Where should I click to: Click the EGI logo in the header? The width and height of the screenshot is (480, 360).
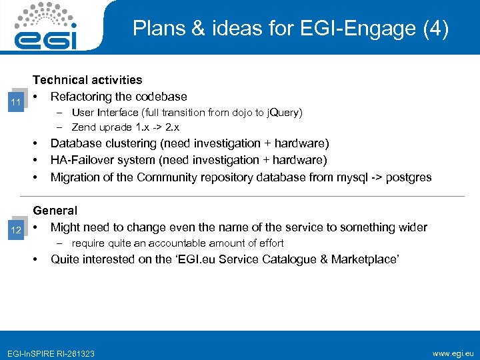click(x=46, y=27)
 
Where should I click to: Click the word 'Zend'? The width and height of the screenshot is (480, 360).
click(x=84, y=127)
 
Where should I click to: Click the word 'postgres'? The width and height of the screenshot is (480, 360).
click(x=407, y=177)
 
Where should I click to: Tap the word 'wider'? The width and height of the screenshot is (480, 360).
click(x=411, y=227)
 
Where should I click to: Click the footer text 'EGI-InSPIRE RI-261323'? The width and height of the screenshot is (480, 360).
click(x=50, y=353)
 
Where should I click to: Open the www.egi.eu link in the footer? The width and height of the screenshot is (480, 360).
click(x=453, y=352)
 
